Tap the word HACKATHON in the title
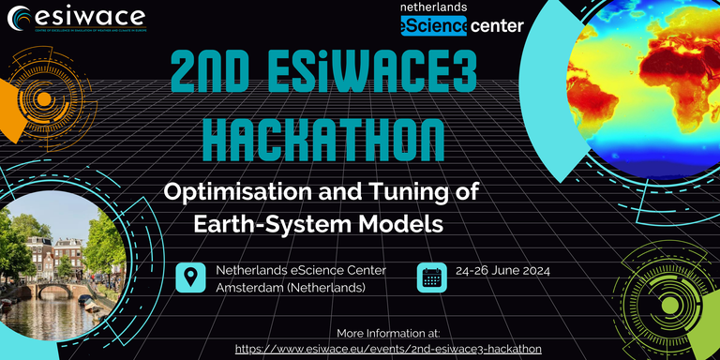tap(323, 138)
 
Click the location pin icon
tap(191, 277)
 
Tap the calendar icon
tap(432, 277)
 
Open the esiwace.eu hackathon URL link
tap(387, 348)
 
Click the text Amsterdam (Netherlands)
tap(291, 287)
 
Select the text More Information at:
tap(387, 333)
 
